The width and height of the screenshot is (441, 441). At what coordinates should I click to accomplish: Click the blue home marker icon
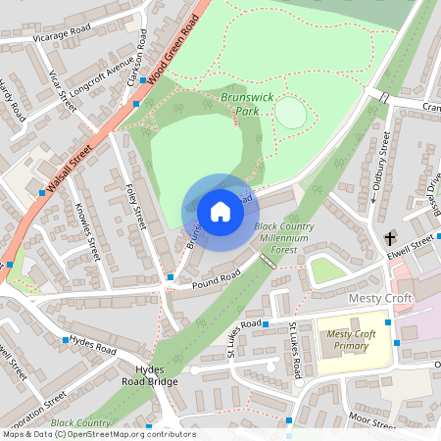pos(220,212)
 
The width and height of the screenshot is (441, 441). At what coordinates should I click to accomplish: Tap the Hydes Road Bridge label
pos(150,374)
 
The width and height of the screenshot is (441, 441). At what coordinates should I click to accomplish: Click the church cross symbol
pos(390,238)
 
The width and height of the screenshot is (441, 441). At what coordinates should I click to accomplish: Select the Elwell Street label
pos(411,244)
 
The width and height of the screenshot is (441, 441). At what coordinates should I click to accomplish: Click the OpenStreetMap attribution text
pos(98,434)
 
